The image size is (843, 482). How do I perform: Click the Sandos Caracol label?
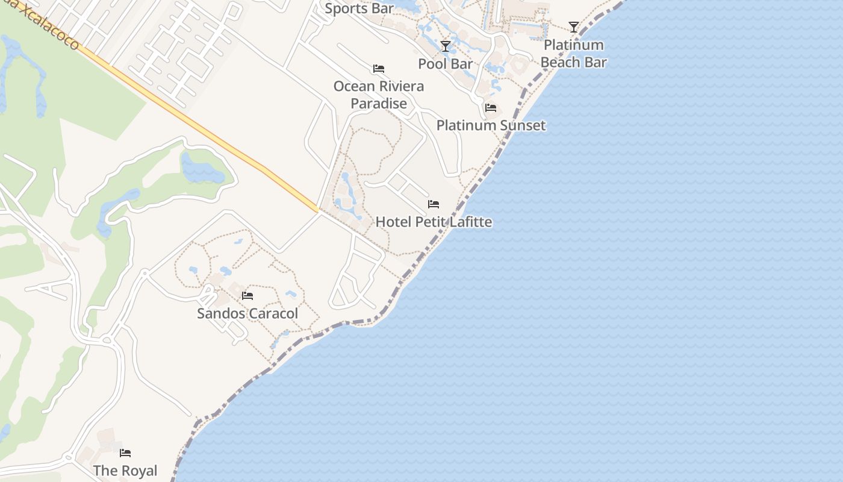[247, 313]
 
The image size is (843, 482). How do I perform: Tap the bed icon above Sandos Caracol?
[247, 296]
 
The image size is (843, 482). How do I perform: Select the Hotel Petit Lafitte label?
[434, 222]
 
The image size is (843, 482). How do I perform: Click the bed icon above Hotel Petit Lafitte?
[434, 204]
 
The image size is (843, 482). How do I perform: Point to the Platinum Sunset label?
[491, 125]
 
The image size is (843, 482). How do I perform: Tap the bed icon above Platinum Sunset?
[491, 108]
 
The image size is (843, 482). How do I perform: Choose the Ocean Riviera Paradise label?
[379, 95]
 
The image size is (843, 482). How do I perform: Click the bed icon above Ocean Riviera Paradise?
[379, 69]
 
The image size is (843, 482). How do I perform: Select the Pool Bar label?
[446, 63]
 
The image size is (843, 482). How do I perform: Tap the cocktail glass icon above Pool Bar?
[446, 46]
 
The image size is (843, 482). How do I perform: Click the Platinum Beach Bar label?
[573, 53]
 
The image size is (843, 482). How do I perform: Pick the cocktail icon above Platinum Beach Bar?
[574, 27]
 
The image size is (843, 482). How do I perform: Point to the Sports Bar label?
[359, 8]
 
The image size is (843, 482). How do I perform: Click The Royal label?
[125, 470]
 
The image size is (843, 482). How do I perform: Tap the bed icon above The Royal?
[125, 453]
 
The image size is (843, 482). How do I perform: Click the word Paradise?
[379, 104]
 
